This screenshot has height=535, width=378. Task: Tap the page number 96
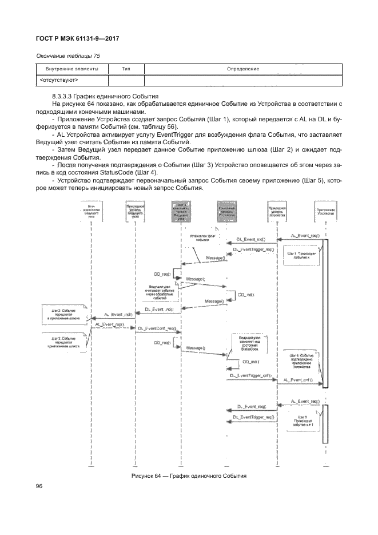(39, 486)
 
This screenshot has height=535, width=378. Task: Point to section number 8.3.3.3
(65, 95)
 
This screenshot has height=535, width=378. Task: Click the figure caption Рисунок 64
(189, 476)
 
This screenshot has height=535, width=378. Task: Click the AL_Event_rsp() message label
(110, 324)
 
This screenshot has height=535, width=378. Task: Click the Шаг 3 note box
(65, 342)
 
